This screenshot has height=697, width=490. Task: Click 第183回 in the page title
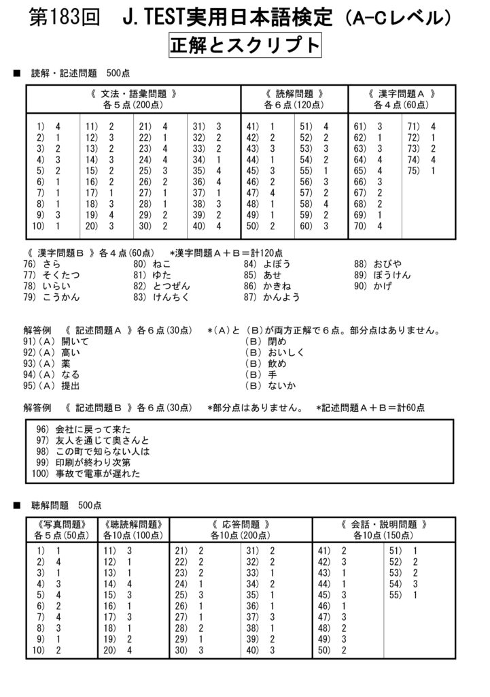[x=63, y=17]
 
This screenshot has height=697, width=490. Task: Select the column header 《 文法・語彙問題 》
[x=133, y=94]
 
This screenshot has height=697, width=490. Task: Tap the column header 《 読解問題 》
[x=294, y=94]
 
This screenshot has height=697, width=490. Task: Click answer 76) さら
[x=42, y=263]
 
